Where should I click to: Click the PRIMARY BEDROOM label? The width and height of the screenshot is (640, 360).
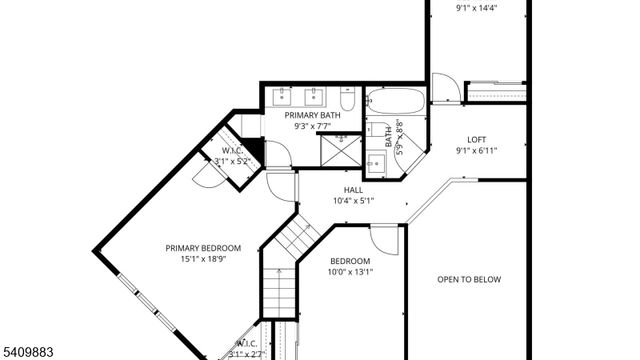[203, 248]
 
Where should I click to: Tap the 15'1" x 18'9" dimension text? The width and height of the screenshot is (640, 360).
[203, 259]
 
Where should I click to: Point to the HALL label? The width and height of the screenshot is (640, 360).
[353, 189]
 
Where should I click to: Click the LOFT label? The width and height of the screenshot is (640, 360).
[478, 140]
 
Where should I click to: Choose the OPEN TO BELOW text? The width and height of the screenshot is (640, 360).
[468, 280]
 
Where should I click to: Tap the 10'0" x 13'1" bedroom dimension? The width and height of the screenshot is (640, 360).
[350, 272]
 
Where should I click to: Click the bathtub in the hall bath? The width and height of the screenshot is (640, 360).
[394, 101]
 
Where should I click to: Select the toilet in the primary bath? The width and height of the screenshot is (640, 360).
[347, 99]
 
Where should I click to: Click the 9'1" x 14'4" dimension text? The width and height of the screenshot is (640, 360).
[477, 8]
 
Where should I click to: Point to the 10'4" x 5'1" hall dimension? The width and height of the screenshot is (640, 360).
[353, 200]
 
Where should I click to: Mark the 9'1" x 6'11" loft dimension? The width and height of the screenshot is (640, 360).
[477, 151]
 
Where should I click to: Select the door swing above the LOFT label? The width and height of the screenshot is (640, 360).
[447, 88]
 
